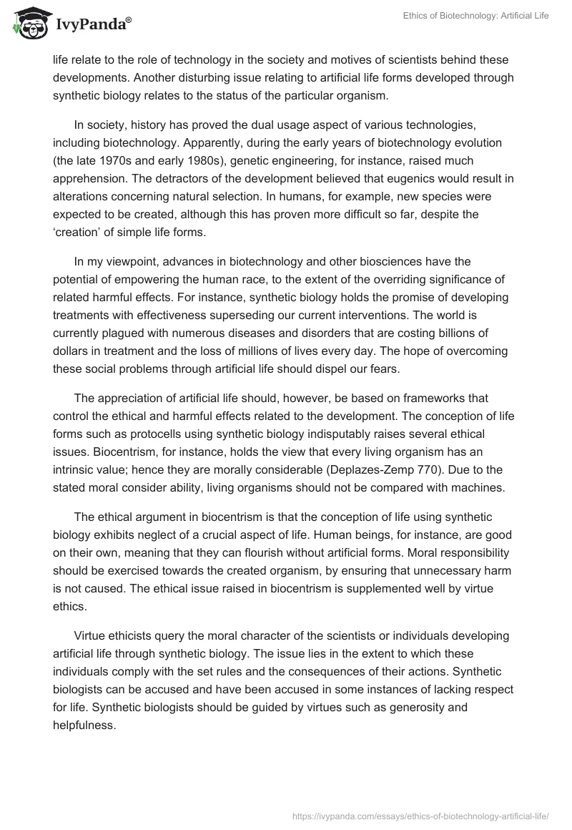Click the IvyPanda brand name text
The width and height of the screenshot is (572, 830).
[92, 24]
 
